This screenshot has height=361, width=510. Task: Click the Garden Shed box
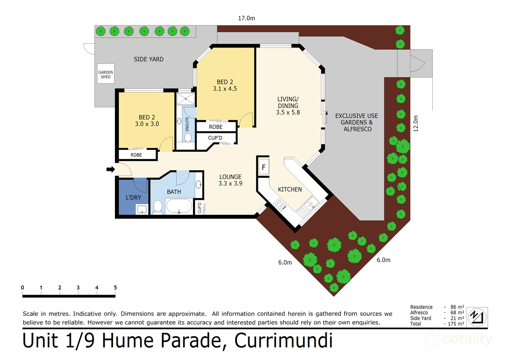coord(106,74)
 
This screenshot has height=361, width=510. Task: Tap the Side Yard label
coord(148,59)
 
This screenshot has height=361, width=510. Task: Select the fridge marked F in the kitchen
coord(264,167)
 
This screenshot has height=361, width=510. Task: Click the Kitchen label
coord(290,189)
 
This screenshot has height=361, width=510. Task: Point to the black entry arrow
coord(110,169)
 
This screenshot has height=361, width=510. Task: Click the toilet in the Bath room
coord(157,207)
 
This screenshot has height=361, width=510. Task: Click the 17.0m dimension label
coord(246,18)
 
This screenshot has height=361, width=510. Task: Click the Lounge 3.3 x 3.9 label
coord(230,180)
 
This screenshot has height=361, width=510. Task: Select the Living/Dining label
coord(288,106)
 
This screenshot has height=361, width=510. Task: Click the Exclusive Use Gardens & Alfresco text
coord(356,123)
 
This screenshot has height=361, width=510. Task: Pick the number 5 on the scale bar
coord(115,288)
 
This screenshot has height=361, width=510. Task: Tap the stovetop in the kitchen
coord(280,205)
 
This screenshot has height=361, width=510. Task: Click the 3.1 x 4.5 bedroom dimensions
coord(224,89)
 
